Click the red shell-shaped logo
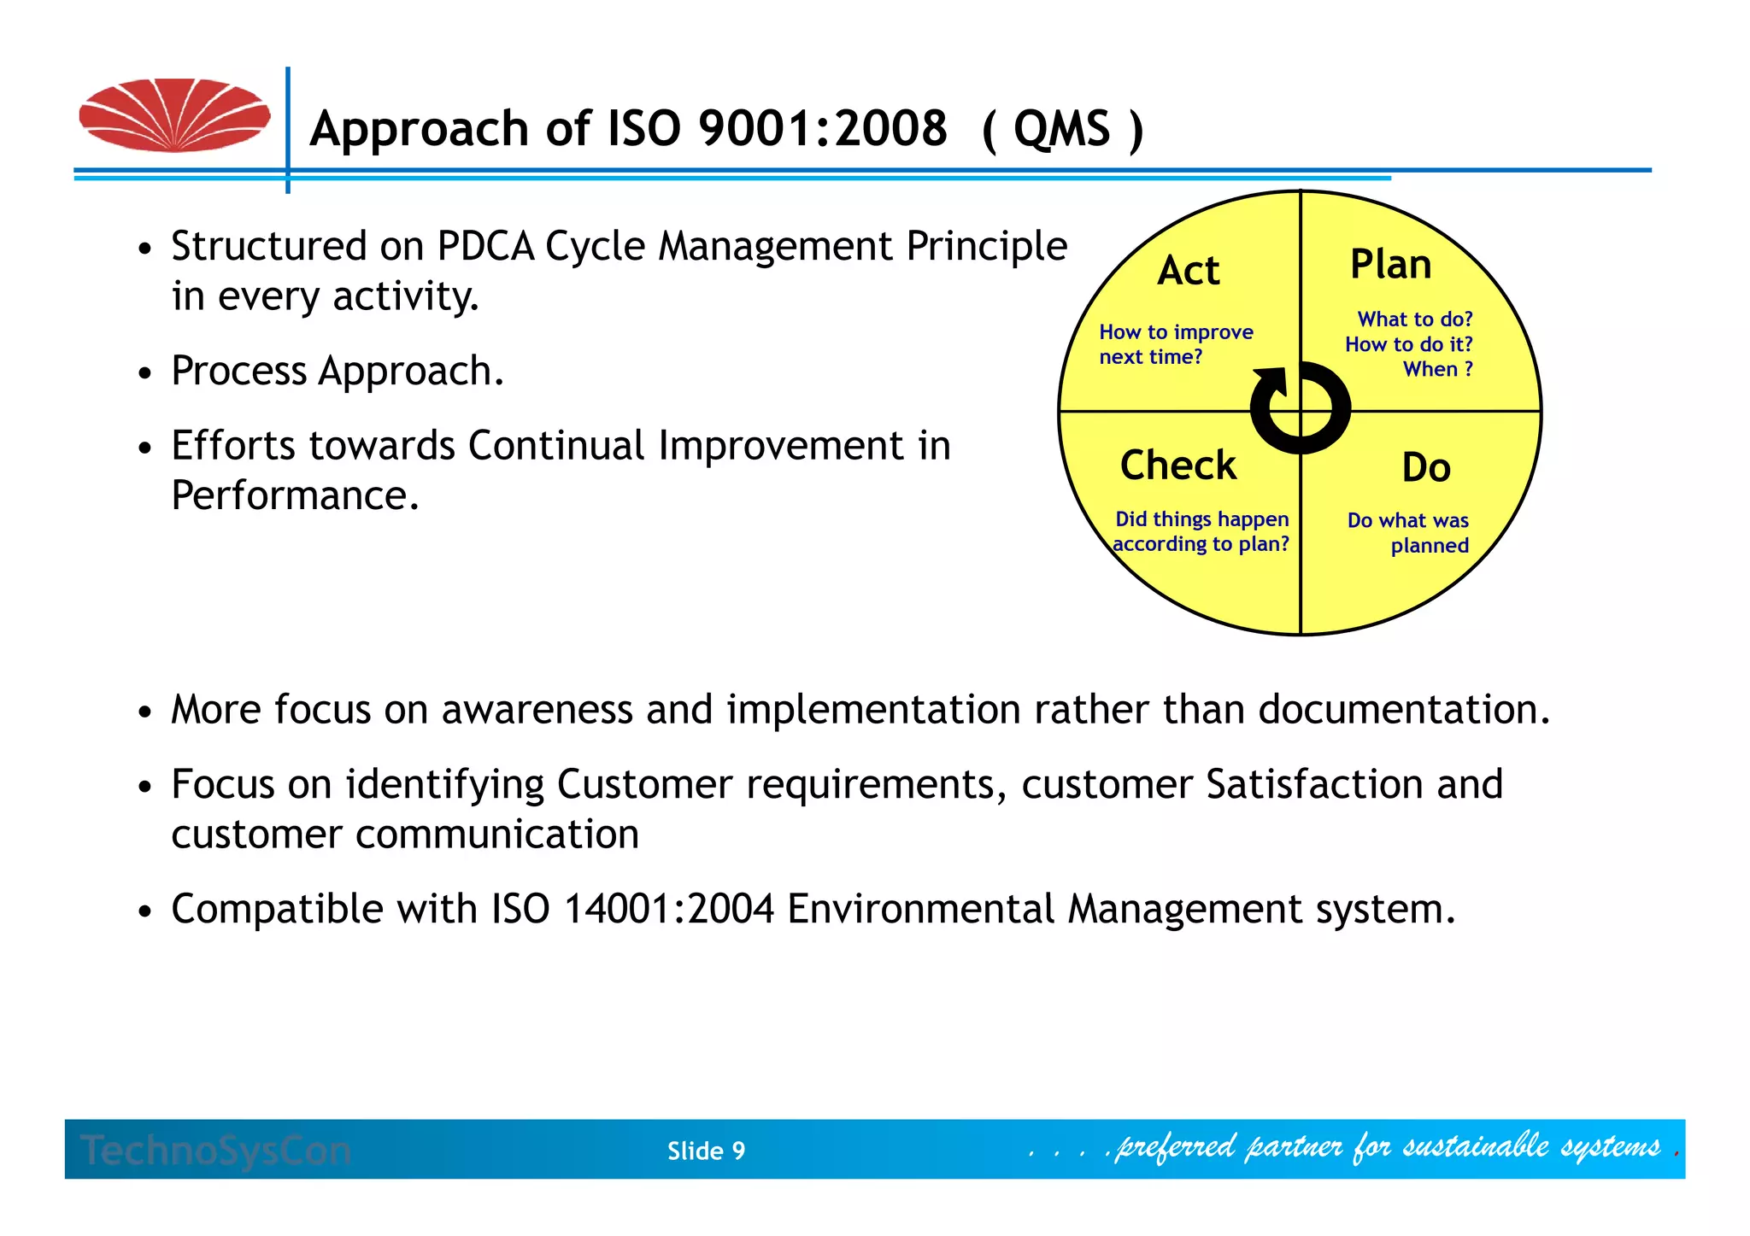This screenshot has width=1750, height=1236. point(174,115)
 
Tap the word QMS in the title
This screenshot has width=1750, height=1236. point(1061,130)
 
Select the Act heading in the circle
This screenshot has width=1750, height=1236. point(1188,271)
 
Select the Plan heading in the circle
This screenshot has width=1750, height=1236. point(1390,265)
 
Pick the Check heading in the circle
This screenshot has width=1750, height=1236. point(1177,466)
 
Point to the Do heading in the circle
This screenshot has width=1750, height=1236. point(1426,468)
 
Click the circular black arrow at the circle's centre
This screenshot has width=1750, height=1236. point(1300,408)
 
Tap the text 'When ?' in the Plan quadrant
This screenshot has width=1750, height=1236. point(1437,369)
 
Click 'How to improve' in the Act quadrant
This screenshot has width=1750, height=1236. point(1176,332)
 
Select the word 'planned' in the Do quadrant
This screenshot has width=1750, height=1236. point(1429,546)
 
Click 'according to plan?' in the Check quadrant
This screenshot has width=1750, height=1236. point(1201,544)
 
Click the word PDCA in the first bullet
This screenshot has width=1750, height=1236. point(485,247)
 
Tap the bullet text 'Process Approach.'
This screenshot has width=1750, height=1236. point(338,372)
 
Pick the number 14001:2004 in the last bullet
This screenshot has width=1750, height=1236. point(668,909)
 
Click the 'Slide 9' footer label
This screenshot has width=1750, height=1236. point(706,1151)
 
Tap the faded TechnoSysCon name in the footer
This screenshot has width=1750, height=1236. point(215,1151)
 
